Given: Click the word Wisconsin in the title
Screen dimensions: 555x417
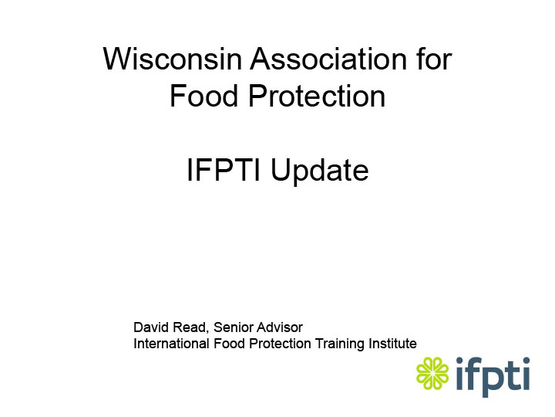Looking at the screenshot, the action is [173, 59].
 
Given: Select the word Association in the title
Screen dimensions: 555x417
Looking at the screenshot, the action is [328, 59].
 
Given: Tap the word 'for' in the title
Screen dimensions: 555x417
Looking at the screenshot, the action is [434, 59].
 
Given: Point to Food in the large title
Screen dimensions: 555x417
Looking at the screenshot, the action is [203, 96].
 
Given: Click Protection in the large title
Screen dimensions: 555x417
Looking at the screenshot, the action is [317, 96].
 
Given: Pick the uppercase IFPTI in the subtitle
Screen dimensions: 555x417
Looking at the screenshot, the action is [224, 170].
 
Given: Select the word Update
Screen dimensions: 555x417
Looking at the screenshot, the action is [320, 171].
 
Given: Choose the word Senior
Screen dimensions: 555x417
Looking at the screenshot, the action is [233, 327].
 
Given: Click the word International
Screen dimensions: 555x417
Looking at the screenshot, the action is [171, 344].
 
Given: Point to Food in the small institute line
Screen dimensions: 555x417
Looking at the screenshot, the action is [227, 344].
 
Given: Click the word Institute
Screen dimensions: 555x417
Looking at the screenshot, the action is [392, 344].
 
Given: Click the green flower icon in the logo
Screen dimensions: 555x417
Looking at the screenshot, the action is [432, 374].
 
